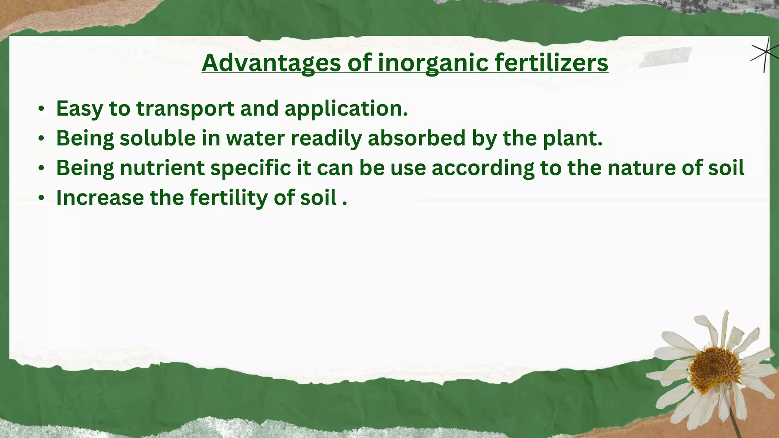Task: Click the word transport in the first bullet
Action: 185,109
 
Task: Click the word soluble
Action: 157,138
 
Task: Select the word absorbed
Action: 417,138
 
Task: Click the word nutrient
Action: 162,168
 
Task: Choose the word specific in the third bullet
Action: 250,168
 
